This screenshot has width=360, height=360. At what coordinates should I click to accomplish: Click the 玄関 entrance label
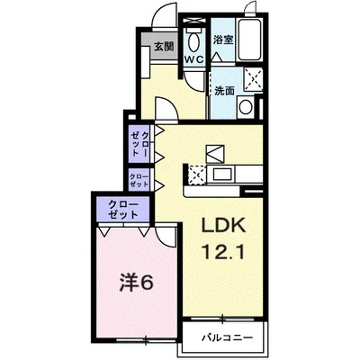[x=164, y=46]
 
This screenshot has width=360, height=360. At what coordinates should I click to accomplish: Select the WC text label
[x=194, y=59]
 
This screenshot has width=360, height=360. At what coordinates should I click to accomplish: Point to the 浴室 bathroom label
[x=223, y=40]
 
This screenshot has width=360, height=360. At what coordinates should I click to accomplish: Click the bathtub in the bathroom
[x=249, y=39]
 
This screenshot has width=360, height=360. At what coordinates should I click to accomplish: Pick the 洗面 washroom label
[x=224, y=91]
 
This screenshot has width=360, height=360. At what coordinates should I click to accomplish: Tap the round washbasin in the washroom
[x=246, y=107]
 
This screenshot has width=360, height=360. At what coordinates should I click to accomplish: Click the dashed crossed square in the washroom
[x=254, y=79]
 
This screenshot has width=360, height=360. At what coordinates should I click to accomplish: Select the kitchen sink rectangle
[x=221, y=174]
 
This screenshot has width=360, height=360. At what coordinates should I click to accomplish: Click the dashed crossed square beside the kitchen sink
[x=197, y=175]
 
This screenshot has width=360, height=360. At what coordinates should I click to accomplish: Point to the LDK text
[x=223, y=225]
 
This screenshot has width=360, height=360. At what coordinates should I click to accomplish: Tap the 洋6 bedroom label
[x=137, y=283]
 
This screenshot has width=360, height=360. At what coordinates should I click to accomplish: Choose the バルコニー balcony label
[x=227, y=338]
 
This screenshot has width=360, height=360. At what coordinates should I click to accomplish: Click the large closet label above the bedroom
[x=123, y=209]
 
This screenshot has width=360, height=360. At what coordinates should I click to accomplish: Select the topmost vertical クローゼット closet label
[x=139, y=144]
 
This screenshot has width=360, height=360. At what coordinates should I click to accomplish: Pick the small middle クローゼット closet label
[x=139, y=180]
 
